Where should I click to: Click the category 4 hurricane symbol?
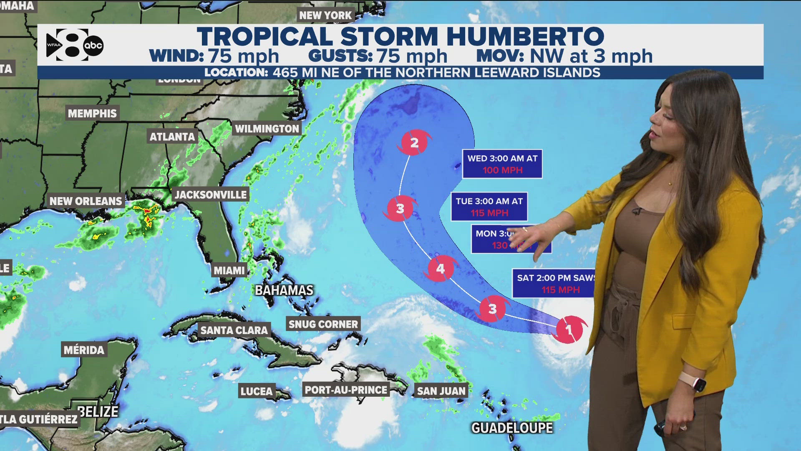(440, 269)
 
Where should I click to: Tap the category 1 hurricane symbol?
(569, 330)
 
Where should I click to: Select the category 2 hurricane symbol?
(414, 143)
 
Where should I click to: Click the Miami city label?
(229, 270)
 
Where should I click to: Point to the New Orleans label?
(86, 201)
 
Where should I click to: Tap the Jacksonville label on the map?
(211, 195)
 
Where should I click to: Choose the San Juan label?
(441, 391)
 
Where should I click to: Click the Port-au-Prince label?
(346, 390)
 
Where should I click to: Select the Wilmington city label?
(267, 129)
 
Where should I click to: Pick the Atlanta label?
(172, 137)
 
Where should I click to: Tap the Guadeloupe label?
(512, 428)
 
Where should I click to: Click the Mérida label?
(84, 350)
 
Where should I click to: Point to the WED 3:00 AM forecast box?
(502, 164)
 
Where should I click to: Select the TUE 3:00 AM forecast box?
(489, 207)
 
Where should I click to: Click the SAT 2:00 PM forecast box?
(553, 284)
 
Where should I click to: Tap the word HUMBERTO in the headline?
(525, 36)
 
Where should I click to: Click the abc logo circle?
(93, 46)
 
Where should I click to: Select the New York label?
(325, 15)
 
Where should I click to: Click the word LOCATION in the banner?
(236, 73)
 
